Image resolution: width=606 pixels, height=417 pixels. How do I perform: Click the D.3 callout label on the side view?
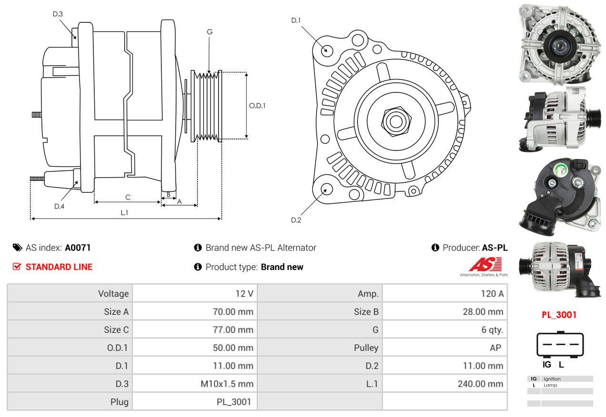pos(58,14)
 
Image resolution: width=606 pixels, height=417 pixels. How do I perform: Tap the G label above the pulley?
pos(209,32)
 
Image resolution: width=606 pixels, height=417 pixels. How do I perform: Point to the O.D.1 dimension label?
pos(257,106)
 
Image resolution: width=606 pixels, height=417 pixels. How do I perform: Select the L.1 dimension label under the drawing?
pos(124,213)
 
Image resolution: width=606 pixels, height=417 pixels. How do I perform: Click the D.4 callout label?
pos(59,206)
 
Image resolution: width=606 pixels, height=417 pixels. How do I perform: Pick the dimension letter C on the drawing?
pos(128,197)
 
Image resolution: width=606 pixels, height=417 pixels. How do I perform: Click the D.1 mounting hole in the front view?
pos(327,50)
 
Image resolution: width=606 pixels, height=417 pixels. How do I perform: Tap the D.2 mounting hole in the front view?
pos(326,189)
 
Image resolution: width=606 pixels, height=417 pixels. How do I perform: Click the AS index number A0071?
pos(78,248)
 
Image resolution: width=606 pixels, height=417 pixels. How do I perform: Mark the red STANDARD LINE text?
pos(59,267)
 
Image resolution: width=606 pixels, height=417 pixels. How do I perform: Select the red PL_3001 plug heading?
pos(559,315)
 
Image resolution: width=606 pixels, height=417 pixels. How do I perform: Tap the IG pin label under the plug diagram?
pos(547,365)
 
